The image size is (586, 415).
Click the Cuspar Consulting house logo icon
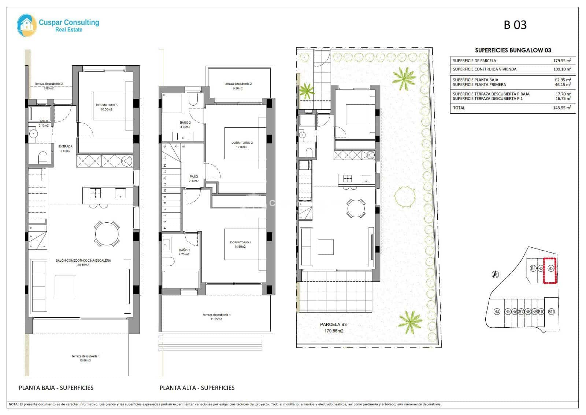[x=27, y=25]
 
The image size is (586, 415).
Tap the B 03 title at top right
[x=515, y=25]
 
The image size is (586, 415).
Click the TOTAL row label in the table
[x=459, y=108]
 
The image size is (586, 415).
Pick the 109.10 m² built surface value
[x=562, y=69]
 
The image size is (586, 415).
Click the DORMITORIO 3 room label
[x=107, y=105]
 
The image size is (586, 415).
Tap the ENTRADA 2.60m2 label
[x=65, y=148]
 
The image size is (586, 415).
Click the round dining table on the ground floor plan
[x=107, y=233]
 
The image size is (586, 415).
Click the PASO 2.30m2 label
[x=194, y=178]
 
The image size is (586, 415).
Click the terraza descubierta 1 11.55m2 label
[x=217, y=317]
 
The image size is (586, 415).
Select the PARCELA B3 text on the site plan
[x=333, y=324]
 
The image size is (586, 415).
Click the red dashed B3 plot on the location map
[x=550, y=271]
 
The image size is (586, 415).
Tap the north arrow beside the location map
[x=495, y=274]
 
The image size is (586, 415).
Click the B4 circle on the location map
[x=497, y=312]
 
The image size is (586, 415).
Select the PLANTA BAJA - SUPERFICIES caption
[x=56, y=387]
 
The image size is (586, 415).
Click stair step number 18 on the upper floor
[x=183, y=146]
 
